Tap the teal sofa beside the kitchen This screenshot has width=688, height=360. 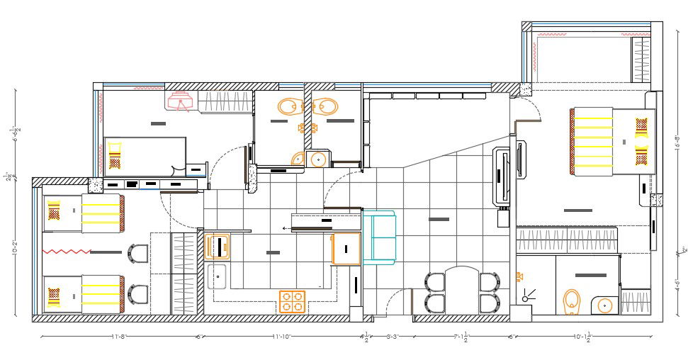point(379,237)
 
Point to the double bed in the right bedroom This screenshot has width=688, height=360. point(613,141)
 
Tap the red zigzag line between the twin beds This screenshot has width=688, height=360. point(67,251)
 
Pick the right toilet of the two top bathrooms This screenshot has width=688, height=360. point(325,107)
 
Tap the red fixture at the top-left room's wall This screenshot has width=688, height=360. point(181,102)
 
